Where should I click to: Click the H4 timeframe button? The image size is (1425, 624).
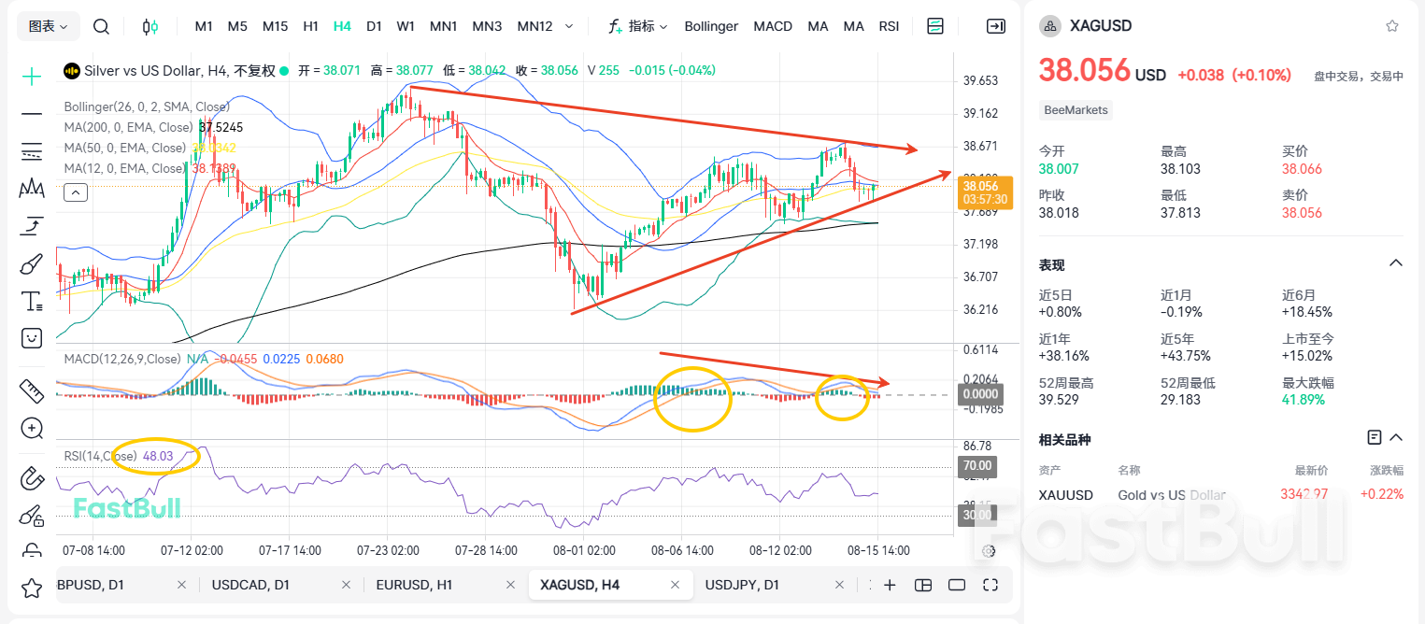[342, 26]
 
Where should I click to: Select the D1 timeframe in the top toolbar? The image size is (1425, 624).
[374, 26]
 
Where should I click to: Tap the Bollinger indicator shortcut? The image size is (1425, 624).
[710, 26]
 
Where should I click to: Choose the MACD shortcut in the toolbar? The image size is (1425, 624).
[773, 26]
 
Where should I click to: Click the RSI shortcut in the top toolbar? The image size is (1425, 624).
[889, 26]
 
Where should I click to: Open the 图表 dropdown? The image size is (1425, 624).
[49, 26]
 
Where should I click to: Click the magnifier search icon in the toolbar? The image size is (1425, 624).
[101, 26]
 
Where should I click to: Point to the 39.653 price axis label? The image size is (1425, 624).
[980, 81]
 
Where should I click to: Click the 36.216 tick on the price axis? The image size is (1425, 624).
[980, 309]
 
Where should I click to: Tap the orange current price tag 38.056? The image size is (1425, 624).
[985, 192]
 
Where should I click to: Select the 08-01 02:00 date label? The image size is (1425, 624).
[584, 550]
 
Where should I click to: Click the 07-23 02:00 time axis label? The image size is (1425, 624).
[388, 550]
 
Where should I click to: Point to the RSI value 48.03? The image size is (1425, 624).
[158, 456]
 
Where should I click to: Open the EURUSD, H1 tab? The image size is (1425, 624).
[414, 585]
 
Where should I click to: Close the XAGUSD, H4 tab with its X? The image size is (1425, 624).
[676, 585]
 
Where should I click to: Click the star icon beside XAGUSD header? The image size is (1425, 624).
[1392, 26]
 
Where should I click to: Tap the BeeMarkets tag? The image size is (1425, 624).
[1076, 110]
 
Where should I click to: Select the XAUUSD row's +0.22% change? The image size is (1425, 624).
[1381, 494]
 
